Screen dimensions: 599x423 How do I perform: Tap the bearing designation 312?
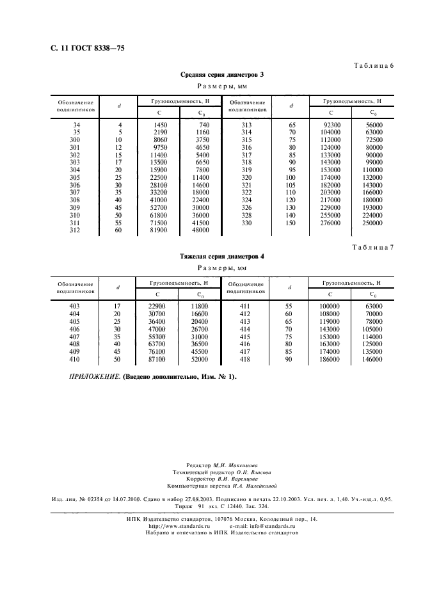click(x=76, y=230)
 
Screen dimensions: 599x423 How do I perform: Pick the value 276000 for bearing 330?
click(x=331, y=223)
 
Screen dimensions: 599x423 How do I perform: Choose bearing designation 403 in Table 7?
click(x=76, y=307)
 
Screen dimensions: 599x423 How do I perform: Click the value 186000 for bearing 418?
click(x=331, y=360)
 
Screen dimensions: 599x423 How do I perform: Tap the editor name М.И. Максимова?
click(x=236, y=466)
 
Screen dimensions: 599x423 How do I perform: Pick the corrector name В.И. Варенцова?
click(x=237, y=479)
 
